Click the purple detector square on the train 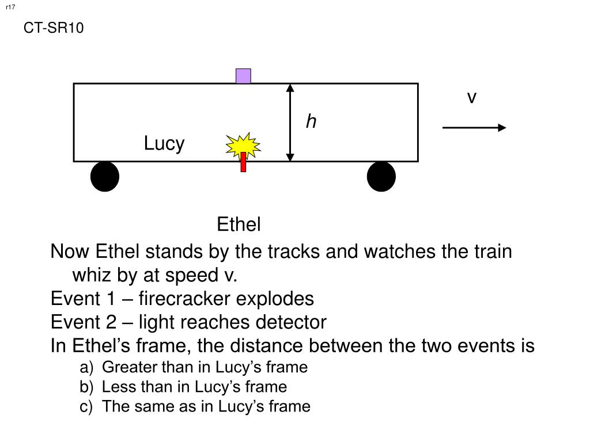(x=243, y=76)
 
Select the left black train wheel (x=105, y=176)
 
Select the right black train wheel (x=381, y=176)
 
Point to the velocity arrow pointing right (x=474, y=128)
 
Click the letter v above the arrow (x=472, y=98)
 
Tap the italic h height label (x=311, y=121)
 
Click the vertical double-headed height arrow (x=290, y=122)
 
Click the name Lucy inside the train (x=164, y=143)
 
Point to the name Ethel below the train (x=239, y=224)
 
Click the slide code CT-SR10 (x=54, y=28)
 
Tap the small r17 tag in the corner (x=10, y=7)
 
